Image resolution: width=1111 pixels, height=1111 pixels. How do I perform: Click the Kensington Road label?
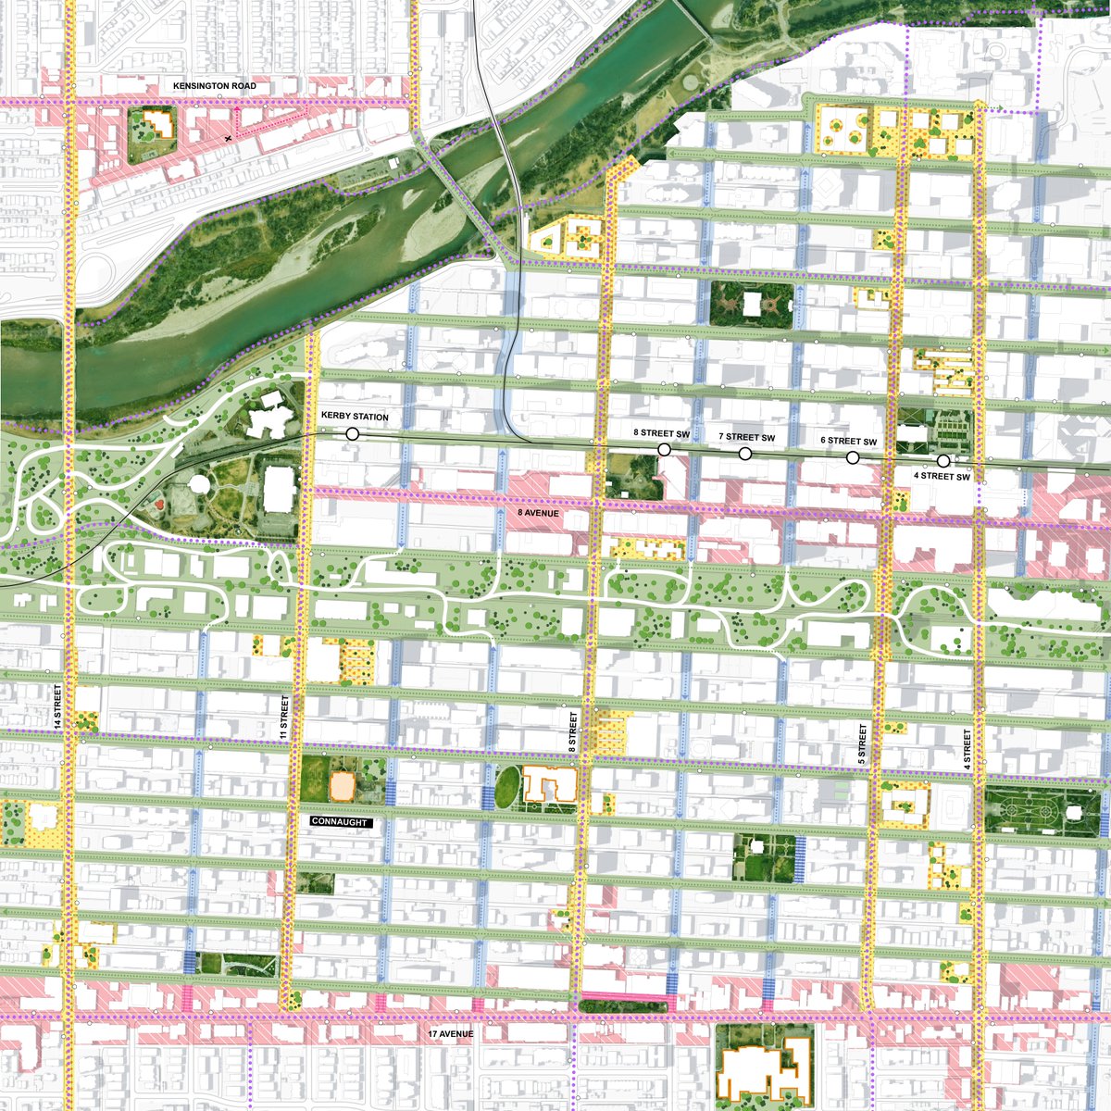click(214, 86)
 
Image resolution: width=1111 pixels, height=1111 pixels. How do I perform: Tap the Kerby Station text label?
click(355, 418)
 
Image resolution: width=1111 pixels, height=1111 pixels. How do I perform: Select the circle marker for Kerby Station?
click(352, 433)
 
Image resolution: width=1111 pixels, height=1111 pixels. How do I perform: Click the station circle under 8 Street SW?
click(664, 449)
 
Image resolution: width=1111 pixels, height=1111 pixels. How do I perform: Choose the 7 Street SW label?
click(746, 437)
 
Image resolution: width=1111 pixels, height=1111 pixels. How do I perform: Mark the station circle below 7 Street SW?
click(744, 453)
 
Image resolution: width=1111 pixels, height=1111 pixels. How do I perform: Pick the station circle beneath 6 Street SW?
click(852, 456)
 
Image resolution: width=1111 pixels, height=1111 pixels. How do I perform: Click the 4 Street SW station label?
click(942, 477)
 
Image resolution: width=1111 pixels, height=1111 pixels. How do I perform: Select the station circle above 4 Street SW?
click(942, 460)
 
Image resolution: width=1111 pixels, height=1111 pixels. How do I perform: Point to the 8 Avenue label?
click(537, 511)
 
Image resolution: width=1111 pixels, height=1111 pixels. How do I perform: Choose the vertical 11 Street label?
click(285, 718)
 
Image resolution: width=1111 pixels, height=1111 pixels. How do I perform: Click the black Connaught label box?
click(341, 822)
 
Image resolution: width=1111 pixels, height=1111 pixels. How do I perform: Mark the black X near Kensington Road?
click(228, 138)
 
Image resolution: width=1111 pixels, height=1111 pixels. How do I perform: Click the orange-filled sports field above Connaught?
click(343, 786)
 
